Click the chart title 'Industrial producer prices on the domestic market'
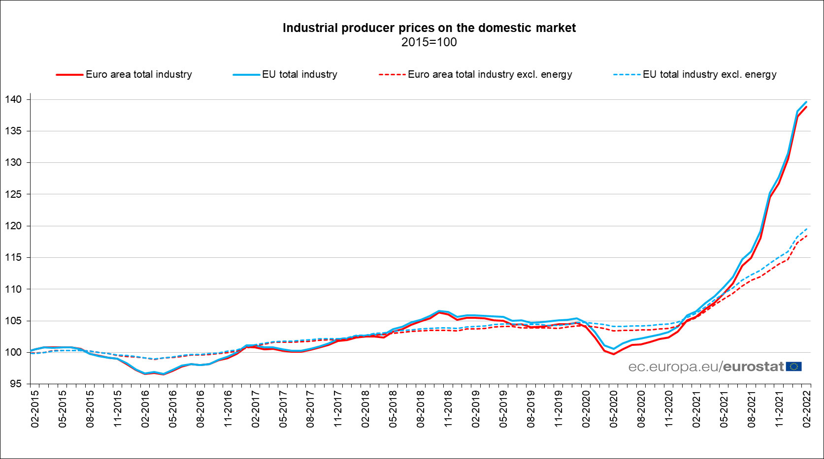(429, 28)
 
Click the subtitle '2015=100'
(429, 42)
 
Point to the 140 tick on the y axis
(14, 99)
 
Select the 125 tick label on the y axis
(14, 194)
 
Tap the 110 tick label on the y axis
(14, 289)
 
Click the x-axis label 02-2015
(35, 409)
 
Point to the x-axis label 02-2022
(807, 409)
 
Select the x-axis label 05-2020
(614, 409)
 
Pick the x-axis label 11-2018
(448, 409)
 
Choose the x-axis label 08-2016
(200, 409)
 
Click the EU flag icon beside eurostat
(794, 367)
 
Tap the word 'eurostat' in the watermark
(754, 367)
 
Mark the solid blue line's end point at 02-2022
(806, 102)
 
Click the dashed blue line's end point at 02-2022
(806, 228)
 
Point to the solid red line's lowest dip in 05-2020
(614, 354)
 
